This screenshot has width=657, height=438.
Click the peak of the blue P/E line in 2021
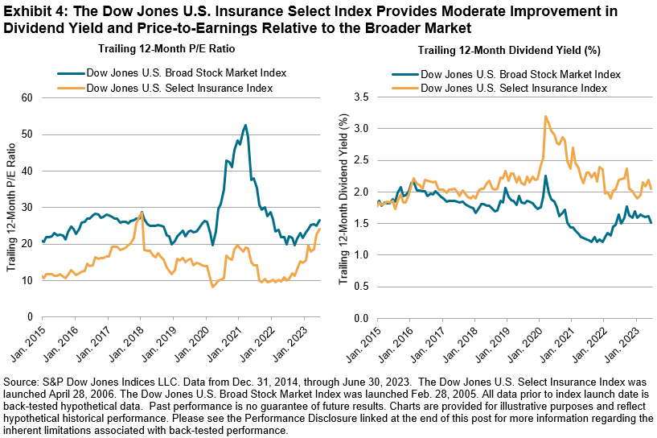pos(244,125)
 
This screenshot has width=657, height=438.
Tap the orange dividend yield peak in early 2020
pos(546,116)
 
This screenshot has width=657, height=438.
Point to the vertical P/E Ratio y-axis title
pos(12,207)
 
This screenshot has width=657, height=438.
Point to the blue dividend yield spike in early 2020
pos(545,176)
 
